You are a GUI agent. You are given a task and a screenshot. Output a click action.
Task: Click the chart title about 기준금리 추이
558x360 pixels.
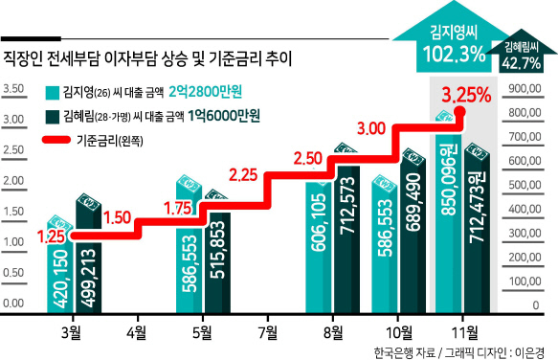point(147,58)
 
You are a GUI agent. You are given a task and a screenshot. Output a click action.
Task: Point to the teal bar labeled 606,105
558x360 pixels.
point(318,246)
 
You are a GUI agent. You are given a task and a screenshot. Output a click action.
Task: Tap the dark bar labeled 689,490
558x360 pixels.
point(413,232)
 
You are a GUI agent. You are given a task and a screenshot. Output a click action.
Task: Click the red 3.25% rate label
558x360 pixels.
point(466,95)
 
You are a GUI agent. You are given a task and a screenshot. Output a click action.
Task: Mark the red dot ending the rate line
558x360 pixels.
point(460,112)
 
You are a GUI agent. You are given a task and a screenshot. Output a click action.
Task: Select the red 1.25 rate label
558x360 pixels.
point(52,237)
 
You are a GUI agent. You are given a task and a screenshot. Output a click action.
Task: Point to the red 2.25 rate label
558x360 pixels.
point(243,175)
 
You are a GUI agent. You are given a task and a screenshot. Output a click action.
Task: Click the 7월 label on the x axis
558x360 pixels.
point(268,333)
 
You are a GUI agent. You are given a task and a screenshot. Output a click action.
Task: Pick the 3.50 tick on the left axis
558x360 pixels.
point(13,89)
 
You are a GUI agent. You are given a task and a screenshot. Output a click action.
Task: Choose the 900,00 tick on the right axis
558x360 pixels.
point(525,89)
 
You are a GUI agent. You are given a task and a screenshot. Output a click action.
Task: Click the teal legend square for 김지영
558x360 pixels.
point(53,93)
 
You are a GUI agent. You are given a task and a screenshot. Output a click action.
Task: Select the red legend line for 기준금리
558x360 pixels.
point(56,140)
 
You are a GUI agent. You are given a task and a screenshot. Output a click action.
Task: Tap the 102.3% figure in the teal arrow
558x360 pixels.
point(454,55)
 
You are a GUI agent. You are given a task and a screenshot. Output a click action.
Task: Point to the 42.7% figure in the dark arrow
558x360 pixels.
point(522,63)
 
